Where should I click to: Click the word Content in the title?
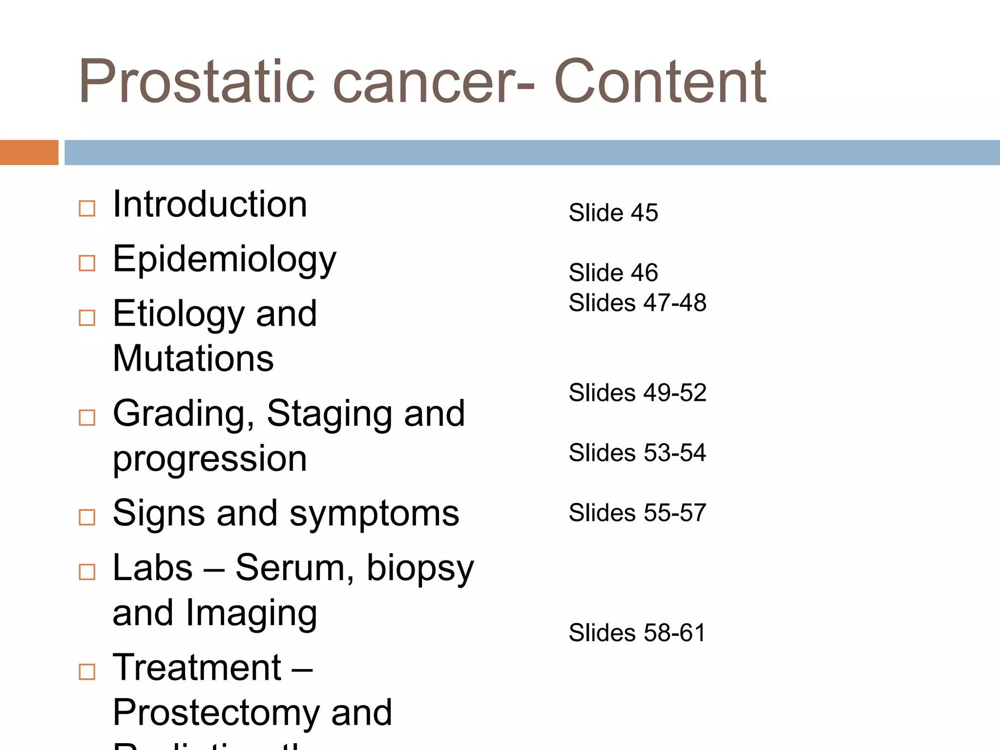point(660,82)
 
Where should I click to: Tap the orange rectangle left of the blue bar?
point(29,152)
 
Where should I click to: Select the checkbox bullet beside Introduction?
point(87,208)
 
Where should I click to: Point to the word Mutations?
point(193,359)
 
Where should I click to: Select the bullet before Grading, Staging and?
point(87,417)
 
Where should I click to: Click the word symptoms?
point(374,514)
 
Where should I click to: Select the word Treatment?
point(197,667)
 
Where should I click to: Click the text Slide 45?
point(613,213)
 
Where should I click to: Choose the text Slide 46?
point(613,272)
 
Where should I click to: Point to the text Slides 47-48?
point(637,303)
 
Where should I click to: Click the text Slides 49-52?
point(637,393)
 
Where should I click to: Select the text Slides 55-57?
point(637,513)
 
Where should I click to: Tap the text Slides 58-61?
point(637,633)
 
